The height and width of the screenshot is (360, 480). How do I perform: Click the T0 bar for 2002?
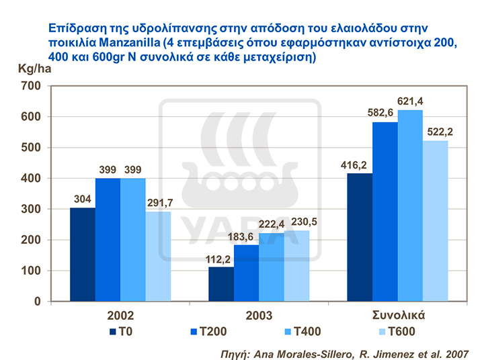point(82,255)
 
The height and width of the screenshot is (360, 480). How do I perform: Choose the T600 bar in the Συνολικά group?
point(436,221)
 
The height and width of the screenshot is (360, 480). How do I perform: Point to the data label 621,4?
point(411,101)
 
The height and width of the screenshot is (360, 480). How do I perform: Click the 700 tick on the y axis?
point(31,86)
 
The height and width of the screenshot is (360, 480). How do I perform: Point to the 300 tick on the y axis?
point(31,209)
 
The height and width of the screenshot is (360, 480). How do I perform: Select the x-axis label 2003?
point(259,315)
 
